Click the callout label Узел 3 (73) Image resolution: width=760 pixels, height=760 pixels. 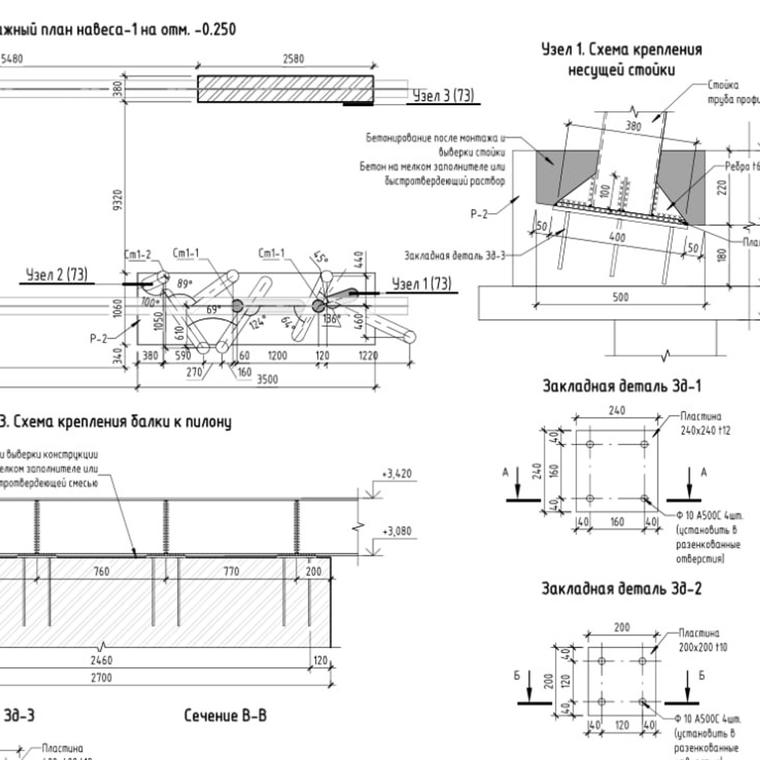coord(443,96)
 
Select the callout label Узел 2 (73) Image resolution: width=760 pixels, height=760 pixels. coord(57,275)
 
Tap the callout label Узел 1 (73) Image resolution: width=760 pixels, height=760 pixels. coord(421,284)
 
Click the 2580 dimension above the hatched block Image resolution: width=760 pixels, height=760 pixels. coord(293,59)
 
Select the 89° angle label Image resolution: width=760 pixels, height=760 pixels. coord(184,284)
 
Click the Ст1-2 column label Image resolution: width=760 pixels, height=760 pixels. coord(137,254)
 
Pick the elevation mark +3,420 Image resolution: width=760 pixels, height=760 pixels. coord(397,474)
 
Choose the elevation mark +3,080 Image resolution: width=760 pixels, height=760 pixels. coord(397,531)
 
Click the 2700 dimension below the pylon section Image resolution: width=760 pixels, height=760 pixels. coord(102,677)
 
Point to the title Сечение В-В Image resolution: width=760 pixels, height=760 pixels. coord(225,715)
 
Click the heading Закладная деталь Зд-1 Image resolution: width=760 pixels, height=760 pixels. coord(622,386)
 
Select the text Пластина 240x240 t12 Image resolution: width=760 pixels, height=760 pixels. coord(705,423)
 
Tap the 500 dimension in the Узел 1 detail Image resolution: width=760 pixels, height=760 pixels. coord(620,297)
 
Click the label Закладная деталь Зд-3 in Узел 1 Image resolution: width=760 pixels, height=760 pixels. coord(454,256)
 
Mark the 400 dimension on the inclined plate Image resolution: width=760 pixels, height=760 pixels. coord(617,237)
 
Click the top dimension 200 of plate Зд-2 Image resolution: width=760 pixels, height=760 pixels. coord(622,627)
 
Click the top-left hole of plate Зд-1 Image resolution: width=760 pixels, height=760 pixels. coord(590,444)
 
